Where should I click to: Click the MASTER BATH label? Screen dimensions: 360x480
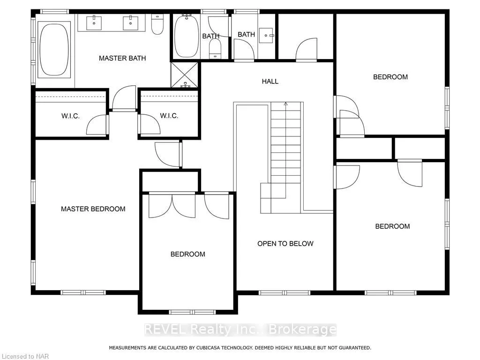122,58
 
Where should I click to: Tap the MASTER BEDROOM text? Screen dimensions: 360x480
93,209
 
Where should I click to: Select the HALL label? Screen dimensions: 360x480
270,81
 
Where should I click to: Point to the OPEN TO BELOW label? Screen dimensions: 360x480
285,243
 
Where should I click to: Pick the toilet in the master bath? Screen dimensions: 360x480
157,25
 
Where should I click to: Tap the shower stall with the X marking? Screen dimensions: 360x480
184,75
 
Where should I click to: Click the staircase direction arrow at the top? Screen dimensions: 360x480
285,104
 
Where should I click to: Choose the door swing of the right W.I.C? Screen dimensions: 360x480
150,124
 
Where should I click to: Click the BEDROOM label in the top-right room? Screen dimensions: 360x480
390,77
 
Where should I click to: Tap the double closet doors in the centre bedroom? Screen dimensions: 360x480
172,205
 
